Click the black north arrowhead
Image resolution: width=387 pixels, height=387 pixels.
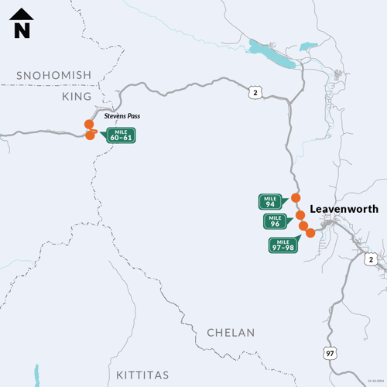click(22, 14)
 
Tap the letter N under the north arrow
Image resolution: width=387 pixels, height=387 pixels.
click(22, 31)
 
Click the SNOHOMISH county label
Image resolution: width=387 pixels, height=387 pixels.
click(54, 75)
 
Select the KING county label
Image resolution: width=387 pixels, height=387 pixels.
click(76, 97)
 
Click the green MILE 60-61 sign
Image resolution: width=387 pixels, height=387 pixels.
click(122, 135)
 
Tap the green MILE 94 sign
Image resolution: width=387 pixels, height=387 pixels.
click(270, 202)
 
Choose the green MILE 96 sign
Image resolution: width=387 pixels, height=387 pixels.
click(276, 221)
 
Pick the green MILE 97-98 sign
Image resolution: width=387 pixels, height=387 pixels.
click(283, 245)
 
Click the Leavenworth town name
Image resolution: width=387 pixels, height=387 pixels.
click(344, 209)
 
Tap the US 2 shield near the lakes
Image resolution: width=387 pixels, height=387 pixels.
click(255, 93)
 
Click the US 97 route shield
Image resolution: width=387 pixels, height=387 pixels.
click(331, 353)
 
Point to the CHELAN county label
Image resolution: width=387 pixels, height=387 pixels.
click(231, 333)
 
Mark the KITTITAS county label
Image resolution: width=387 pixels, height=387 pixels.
click(142, 375)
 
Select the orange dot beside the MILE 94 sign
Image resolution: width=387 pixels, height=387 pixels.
click(295, 197)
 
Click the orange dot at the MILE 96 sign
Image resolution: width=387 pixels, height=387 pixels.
click(300, 214)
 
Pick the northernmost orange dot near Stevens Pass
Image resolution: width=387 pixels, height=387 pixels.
click(89, 124)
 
